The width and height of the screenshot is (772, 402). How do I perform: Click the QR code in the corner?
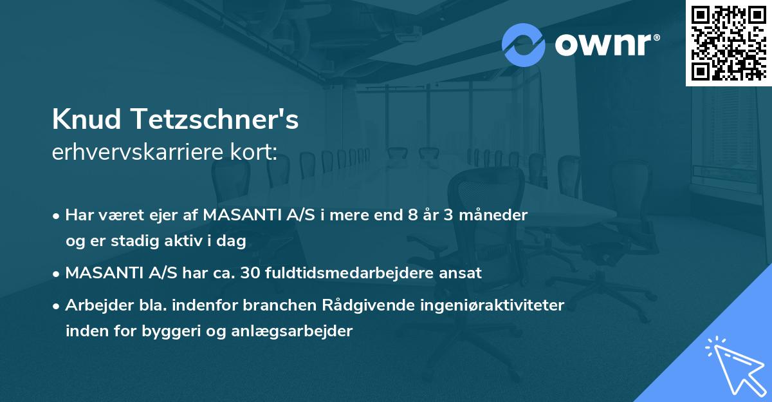pos(728,43)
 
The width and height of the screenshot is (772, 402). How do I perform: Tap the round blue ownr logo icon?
pos(523,45)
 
